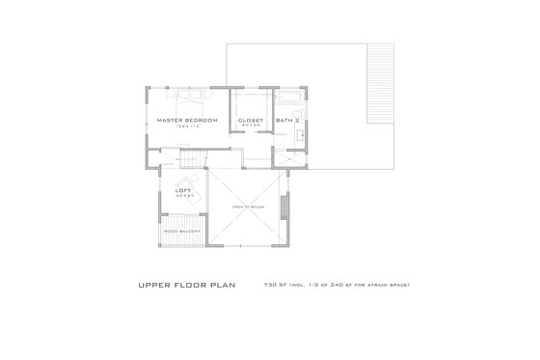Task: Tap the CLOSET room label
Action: tap(251, 120)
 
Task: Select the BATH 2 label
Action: tap(286, 120)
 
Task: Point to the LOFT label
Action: tap(183, 191)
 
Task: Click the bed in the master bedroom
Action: tap(187, 97)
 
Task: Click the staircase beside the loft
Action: tap(193, 158)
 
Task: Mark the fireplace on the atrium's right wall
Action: tap(283, 208)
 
